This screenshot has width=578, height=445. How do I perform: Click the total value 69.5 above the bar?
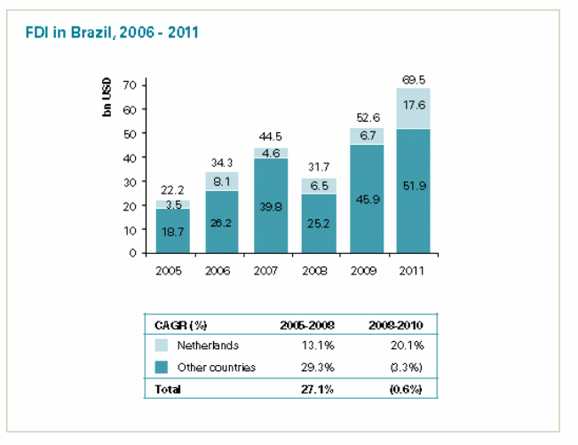pos(414,79)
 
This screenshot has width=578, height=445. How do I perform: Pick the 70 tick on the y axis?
pos(130,85)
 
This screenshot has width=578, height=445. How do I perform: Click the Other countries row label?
pos(217,367)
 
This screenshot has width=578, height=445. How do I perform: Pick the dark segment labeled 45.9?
pos(365,199)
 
